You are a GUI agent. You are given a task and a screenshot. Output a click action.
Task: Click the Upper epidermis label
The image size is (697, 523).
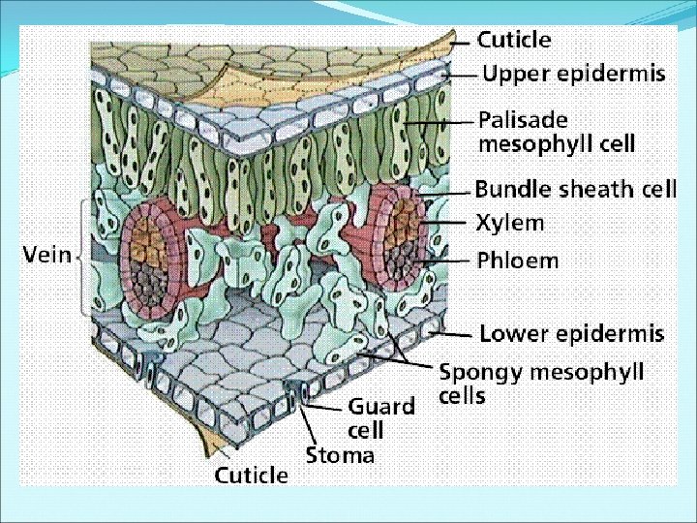click(x=573, y=74)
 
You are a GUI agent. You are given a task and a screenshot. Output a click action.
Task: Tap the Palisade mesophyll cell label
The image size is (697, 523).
click(x=557, y=133)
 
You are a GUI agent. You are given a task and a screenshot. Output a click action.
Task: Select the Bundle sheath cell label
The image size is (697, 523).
click(x=575, y=189)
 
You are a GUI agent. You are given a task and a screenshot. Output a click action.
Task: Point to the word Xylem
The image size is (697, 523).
click(x=509, y=223)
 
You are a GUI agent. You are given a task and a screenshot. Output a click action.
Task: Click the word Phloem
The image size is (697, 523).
click(x=517, y=261)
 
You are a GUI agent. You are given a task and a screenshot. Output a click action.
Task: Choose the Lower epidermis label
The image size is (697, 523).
click(x=572, y=334)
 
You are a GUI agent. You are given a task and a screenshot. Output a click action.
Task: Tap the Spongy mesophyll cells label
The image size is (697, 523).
click(x=541, y=384)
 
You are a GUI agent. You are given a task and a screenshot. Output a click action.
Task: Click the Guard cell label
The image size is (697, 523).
click(x=380, y=417)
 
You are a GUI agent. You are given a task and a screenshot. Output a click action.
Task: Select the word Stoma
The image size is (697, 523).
click(x=340, y=455)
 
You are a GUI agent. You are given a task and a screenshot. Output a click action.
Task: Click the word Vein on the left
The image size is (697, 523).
click(x=47, y=255)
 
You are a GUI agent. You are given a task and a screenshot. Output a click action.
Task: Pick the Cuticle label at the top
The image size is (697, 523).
click(x=514, y=41)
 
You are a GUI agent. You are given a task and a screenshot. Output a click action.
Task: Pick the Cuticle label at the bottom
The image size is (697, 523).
click(x=251, y=476)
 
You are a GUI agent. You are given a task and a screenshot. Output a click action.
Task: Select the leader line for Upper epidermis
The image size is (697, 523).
click(x=463, y=74)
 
